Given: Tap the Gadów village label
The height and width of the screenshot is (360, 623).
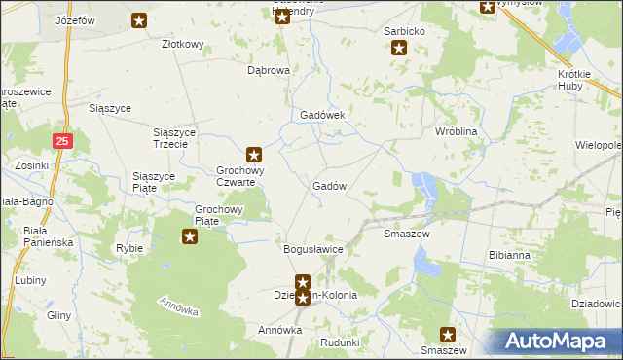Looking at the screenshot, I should click(329, 186).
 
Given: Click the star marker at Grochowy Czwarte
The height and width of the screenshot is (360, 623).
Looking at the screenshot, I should click(254, 154).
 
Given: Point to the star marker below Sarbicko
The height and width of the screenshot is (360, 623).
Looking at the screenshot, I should click(399, 47).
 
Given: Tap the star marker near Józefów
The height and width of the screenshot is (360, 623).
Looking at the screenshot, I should click(140, 19).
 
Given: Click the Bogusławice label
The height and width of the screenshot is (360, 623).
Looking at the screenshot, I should click(313, 250).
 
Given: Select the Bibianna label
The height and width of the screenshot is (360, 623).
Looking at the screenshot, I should click(509, 255).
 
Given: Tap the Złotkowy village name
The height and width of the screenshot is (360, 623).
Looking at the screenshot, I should click(182, 44).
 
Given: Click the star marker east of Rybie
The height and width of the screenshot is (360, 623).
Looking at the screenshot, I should click(190, 235).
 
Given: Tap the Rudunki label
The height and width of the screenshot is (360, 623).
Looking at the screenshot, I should click(340, 342).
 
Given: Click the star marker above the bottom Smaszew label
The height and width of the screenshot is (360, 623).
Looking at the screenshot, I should click(449, 333).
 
